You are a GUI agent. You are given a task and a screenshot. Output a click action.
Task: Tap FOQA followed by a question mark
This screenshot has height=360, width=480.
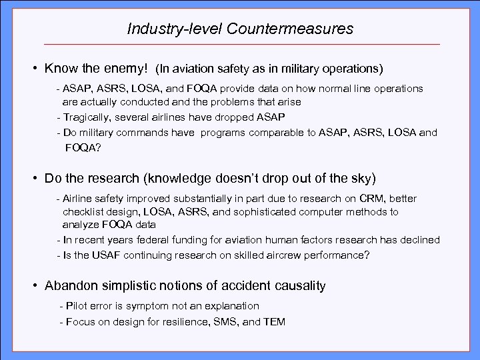point(83,149)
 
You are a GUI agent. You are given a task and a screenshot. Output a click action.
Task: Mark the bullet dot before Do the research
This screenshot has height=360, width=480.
point(33,179)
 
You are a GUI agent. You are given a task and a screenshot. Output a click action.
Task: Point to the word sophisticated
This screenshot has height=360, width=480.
point(269,211)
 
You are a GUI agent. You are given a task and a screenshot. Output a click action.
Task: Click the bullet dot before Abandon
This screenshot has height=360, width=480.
point(33,286)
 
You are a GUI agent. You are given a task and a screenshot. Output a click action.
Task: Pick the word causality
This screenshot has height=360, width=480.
point(296,286)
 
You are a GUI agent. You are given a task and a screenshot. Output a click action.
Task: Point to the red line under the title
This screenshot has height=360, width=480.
point(240,44)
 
